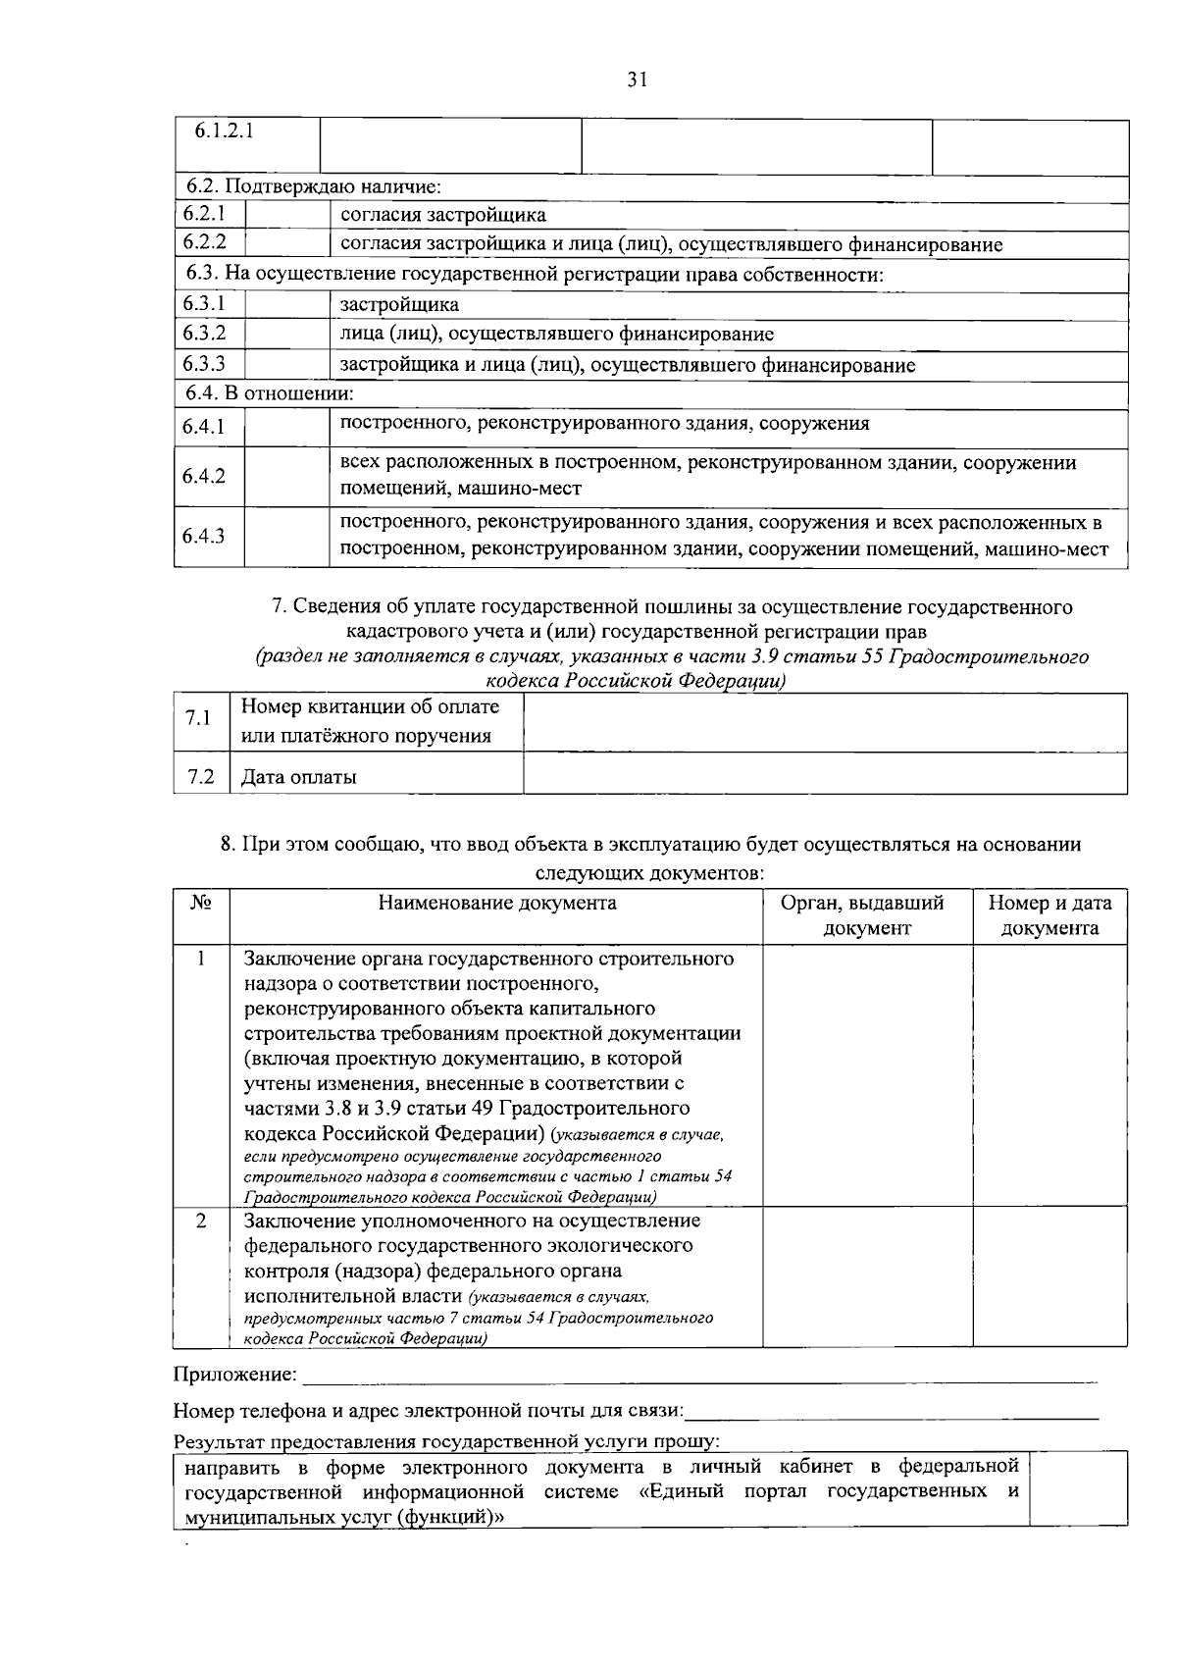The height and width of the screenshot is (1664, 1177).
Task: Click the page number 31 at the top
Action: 637,80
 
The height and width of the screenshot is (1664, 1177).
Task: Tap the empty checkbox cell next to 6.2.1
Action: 285,215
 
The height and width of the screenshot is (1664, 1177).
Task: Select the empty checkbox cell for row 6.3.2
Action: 285,335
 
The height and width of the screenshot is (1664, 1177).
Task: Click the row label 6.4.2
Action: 204,476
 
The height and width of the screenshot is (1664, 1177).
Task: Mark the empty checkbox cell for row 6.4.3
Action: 285,536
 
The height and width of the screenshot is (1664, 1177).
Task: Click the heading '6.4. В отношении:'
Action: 270,393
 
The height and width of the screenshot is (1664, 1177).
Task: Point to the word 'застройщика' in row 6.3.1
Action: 399,305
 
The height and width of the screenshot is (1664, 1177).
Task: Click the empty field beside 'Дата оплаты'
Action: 824,776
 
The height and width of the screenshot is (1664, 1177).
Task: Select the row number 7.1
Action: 199,718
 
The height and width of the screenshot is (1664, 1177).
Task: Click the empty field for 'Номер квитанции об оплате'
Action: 824,721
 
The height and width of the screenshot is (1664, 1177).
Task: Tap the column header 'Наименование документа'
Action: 497,904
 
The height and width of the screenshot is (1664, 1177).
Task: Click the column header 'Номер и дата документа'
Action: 1049,915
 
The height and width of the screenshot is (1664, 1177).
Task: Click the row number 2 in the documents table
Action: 201,1222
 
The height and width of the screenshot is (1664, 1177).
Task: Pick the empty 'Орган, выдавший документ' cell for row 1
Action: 867,1074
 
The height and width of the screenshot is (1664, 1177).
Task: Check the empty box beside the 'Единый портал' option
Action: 1078,1490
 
